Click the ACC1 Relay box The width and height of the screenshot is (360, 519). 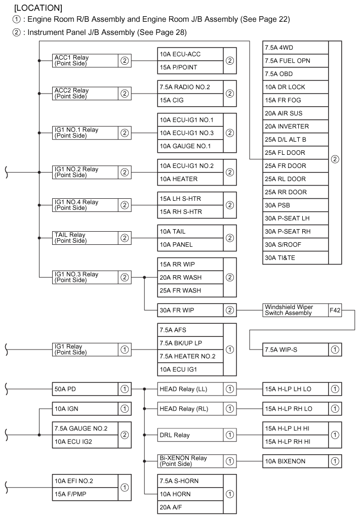click(85, 61)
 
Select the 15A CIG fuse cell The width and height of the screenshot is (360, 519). click(190, 100)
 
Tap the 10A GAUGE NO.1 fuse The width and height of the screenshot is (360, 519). click(190, 146)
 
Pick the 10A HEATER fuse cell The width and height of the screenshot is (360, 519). click(190, 179)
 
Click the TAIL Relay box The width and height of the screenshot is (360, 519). click(85, 238)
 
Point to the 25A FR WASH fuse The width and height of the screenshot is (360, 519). click(190, 290)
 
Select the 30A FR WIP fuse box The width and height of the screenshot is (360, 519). click(190, 310)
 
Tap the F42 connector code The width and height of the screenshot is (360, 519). click(335, 310)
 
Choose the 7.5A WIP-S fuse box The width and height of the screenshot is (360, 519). click(295, 350)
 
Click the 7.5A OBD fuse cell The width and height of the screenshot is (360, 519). click(295, 74)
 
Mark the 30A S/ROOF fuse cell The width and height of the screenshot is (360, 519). click(295, 245)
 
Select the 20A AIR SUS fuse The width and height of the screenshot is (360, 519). click(295, 113)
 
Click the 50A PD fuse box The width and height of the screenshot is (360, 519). click(85, 389)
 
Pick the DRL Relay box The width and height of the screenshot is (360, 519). click(190, 435)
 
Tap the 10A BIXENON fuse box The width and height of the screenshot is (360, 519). click(295, 461)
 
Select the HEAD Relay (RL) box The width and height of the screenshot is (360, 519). click(190, 409)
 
